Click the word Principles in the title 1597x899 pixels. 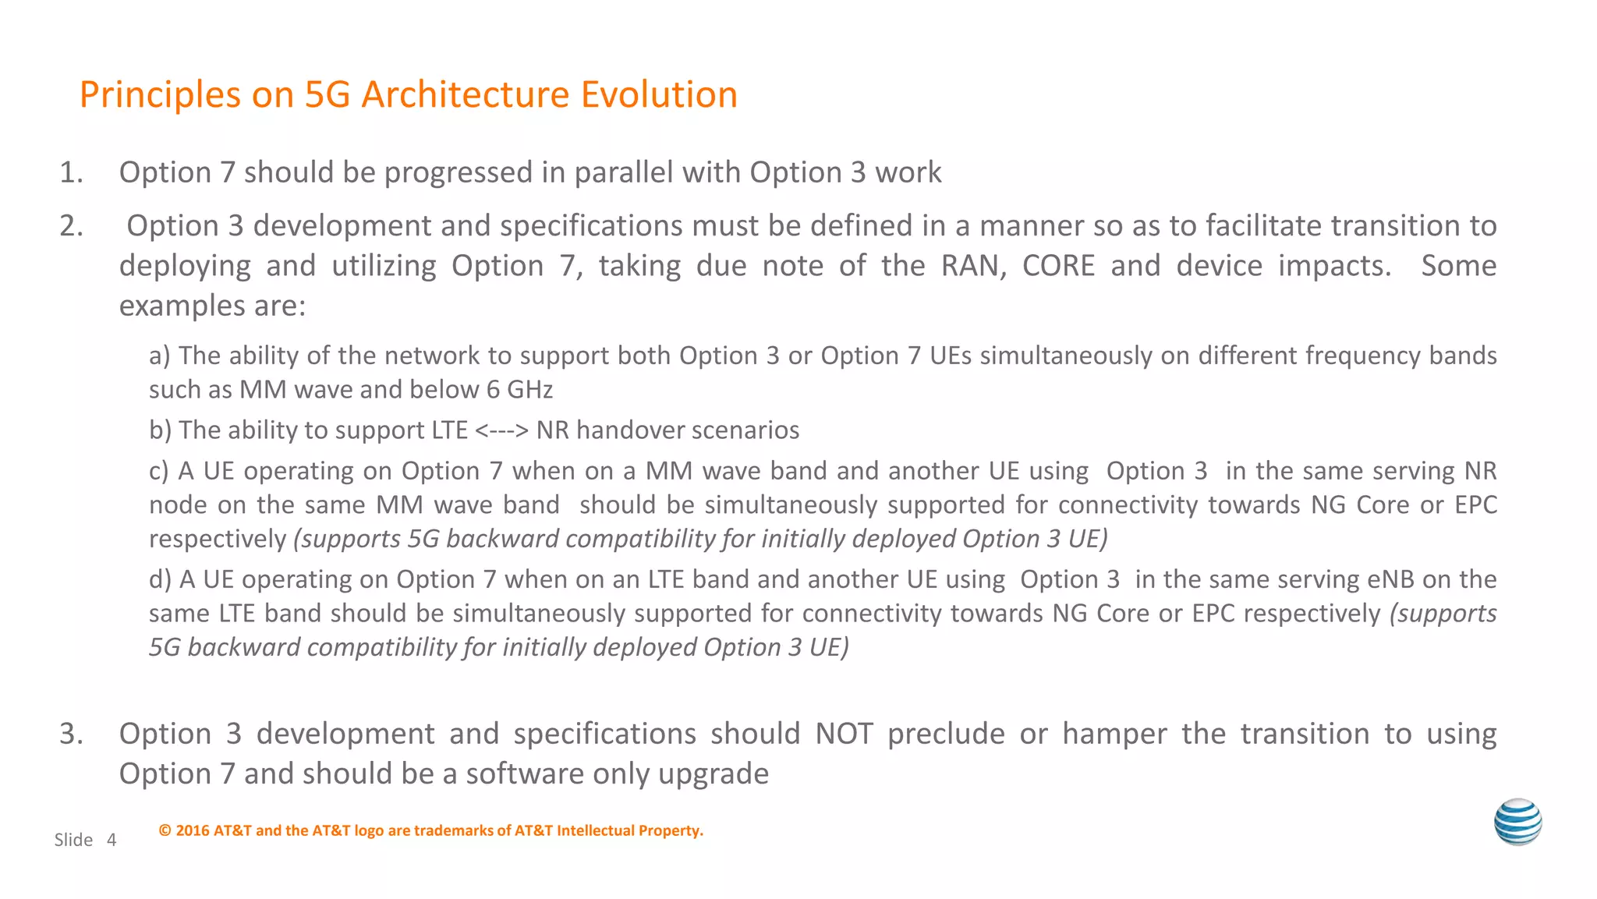click(x=160, y=95)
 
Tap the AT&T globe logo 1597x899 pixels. click(x=1517, y=822)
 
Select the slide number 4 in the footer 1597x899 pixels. click(x=112, y=840)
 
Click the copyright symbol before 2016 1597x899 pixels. click(x=165, y=831)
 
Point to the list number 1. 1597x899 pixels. click(x=70, y=172)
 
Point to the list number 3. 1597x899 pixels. click(x=70, y=734)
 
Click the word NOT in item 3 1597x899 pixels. click(x=844, y=734)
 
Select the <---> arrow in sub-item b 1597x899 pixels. click(x=501, y=430)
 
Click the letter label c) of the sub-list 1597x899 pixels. click(x=159, y=471)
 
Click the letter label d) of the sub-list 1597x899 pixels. click(x=160, y=579)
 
